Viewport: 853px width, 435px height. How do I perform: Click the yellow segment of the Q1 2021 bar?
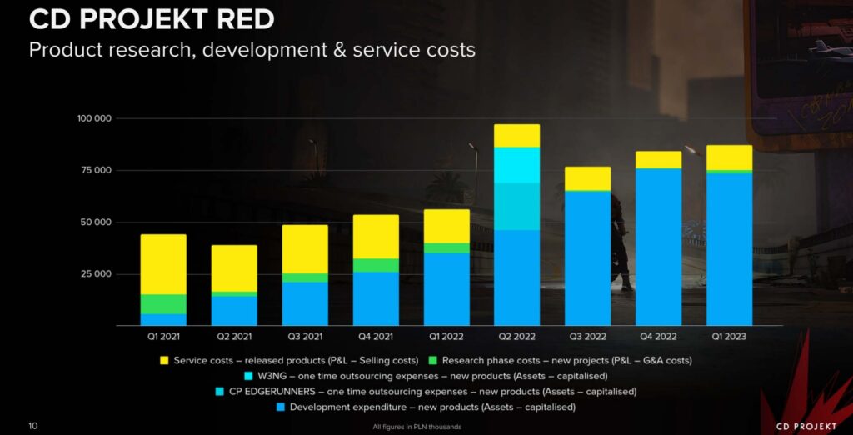pyautogui.click(x=163, y=264)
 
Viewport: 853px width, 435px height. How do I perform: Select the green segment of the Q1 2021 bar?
pyautogui.click(x=163, y=304)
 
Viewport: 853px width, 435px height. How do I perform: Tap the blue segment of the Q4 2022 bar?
pyautogui.click(x=658, y=247)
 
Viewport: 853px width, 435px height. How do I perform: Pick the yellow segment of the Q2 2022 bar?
pyautogui.click(x=516, y=136)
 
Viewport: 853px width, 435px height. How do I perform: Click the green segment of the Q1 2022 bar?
pyautogui.click(x=446, y=248)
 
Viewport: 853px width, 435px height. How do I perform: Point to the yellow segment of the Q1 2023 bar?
pyautogui.click(x=729, y=157)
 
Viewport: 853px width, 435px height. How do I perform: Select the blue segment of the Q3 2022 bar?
pyautogui.click(x=587, y=258)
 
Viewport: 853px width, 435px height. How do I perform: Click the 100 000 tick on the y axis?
pyautogui.click(x=94, y=118)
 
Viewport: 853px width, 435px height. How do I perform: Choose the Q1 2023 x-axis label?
pyautogui.click(x=729, y=337)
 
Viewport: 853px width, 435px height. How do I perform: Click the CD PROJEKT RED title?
pyautogui.click(x=152, y=18)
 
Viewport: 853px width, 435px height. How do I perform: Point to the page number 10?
pyautogui.click(x=33, y=426)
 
